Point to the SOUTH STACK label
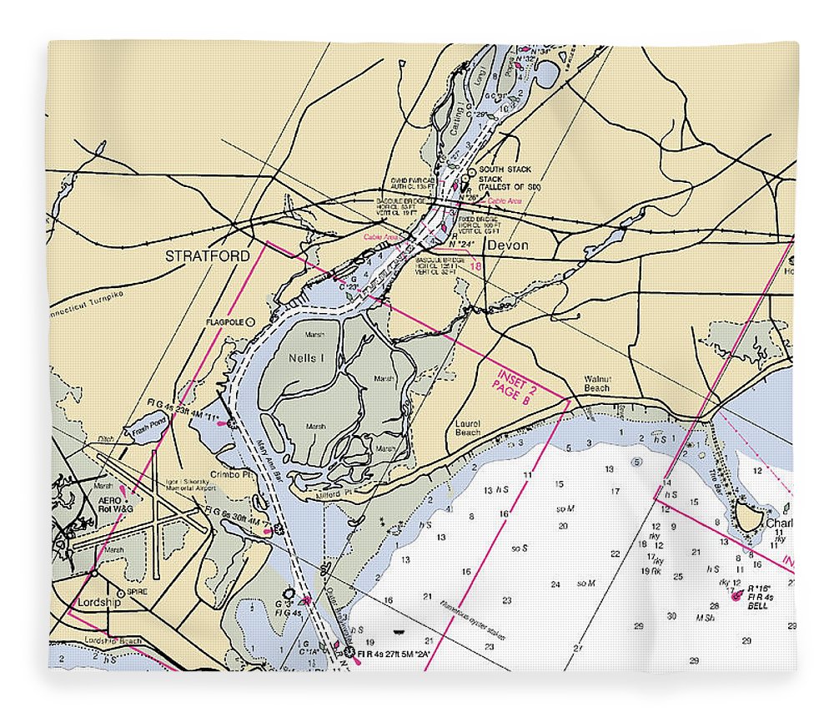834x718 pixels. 505,169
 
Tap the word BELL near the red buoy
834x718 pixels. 757,605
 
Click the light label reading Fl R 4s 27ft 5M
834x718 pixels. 393,654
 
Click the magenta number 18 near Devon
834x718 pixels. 476,266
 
